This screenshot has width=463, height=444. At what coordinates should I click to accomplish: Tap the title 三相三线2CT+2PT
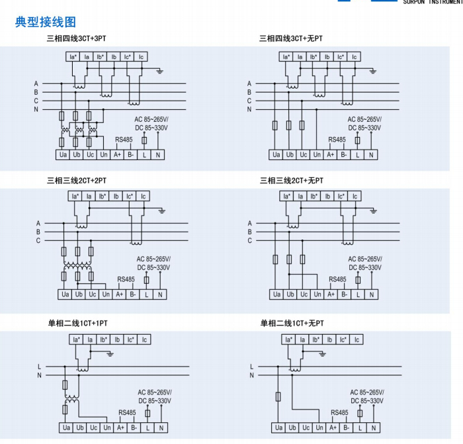coord(76,180)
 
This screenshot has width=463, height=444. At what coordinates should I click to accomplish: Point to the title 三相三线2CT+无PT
coord(292,180)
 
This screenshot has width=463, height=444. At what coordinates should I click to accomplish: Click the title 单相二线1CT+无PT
coord(292,324)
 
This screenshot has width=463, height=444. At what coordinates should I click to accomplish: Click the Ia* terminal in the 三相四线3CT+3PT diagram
coord(73,57)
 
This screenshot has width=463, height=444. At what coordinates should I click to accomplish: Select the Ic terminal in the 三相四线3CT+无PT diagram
coord(355,57)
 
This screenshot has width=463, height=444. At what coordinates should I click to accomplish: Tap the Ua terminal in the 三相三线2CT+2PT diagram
coord(65,294)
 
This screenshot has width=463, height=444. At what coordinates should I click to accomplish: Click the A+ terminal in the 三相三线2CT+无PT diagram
coord(331,294)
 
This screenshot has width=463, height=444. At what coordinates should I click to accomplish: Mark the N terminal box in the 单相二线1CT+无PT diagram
coord(374,428)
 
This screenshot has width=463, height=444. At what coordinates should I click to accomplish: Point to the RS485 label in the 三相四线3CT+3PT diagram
coord(124,140)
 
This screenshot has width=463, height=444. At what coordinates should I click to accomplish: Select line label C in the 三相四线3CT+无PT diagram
coord(249,101)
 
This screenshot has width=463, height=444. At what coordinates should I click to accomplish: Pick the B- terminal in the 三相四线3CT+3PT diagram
coord(131,155)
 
